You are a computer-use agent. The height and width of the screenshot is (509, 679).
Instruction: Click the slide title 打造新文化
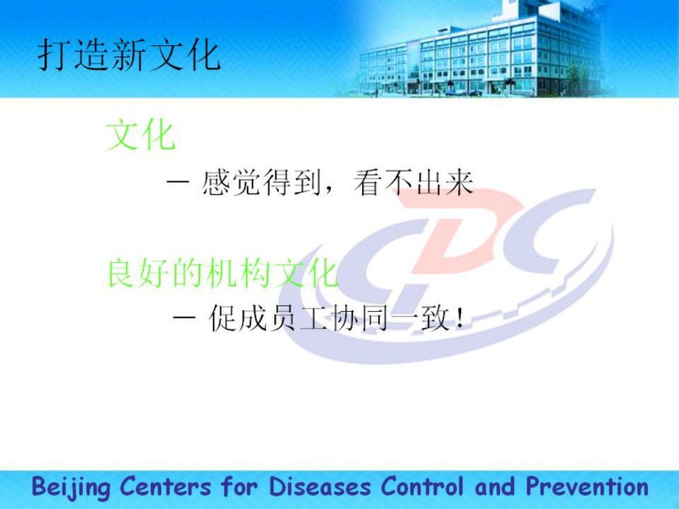[129, 56]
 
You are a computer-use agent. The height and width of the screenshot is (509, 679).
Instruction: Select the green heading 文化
[141, 136]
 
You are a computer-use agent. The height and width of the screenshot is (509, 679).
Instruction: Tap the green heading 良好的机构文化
[223, 272]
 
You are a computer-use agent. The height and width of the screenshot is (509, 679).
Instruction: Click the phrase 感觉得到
[261, 183]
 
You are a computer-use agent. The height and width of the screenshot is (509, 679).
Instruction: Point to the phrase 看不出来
[414, 183]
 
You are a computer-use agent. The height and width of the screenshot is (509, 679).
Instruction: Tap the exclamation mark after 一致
[460, 319]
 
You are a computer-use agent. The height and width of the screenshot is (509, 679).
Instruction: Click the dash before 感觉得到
[177, 182]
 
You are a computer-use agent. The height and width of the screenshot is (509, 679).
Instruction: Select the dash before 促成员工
[184, 318]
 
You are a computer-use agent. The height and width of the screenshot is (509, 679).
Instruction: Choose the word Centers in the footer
[165, 486]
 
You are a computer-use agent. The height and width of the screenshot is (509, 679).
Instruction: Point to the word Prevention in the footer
[587, 486]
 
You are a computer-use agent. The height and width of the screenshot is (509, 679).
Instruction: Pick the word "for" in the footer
[240, 486]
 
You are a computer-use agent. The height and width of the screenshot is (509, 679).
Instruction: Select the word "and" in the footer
[495, 486]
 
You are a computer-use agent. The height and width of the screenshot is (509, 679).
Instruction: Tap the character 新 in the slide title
[129, 56]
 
